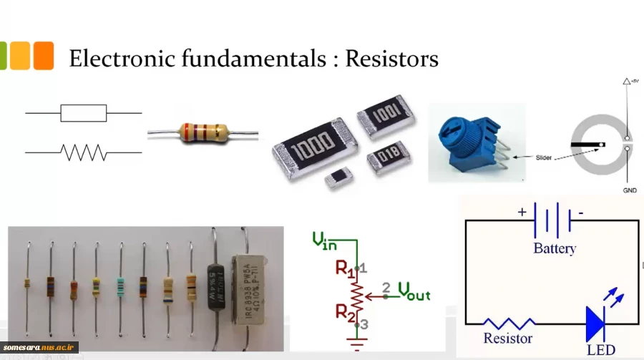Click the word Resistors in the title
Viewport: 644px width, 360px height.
point(391,58)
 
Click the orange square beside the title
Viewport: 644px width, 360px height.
point(44,56)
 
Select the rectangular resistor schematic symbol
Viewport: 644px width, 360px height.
point(84,113)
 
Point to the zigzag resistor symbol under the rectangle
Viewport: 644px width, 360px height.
point(84,152)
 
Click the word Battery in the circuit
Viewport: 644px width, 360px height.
point(555,249)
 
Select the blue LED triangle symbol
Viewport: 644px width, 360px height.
point(596,323)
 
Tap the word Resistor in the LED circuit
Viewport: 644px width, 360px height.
point(508,339)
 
